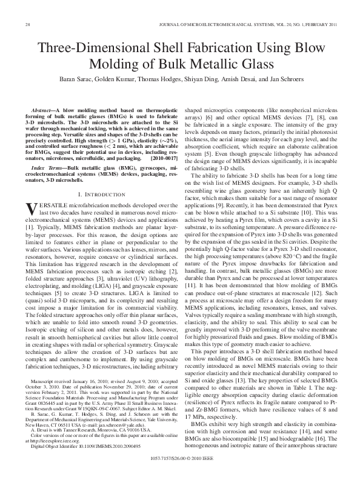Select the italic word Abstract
[x=47, y=106]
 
